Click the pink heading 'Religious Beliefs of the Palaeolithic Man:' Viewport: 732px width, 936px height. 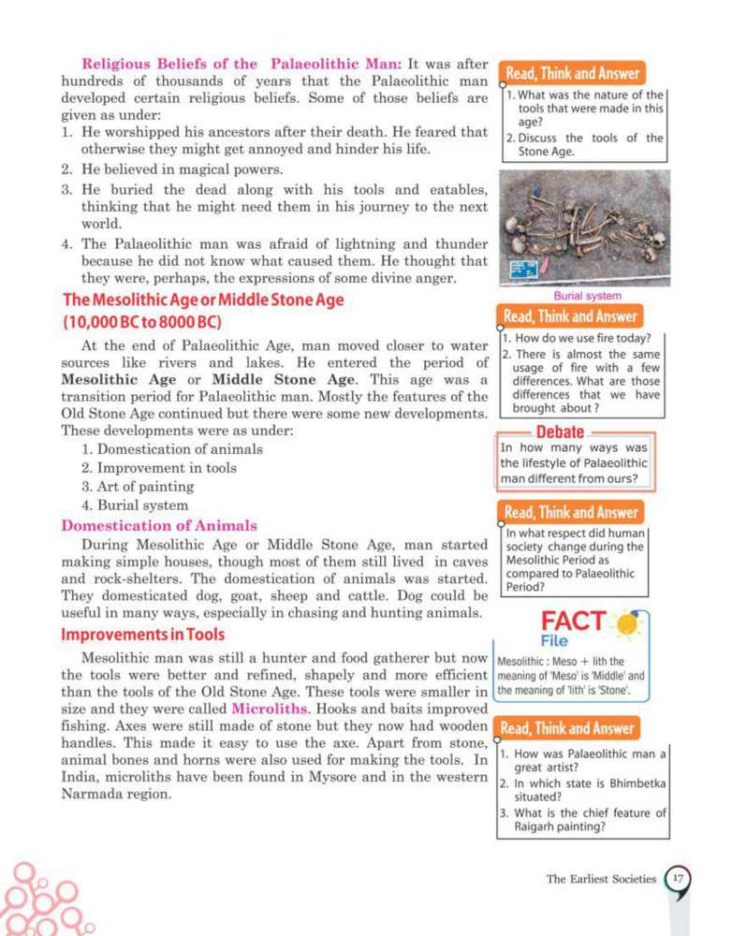pos(242,65)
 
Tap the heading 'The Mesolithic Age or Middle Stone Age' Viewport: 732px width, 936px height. pos(203,300)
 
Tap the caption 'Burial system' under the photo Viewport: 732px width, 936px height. pos(587,296)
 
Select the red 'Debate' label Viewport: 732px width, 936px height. pos(560,432)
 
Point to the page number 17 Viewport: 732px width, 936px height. pos(678,879)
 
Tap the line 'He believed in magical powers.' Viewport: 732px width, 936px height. pos(174,168)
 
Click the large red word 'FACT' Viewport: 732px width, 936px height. pos(573,622)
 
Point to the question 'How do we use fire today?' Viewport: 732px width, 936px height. pos(582,339)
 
